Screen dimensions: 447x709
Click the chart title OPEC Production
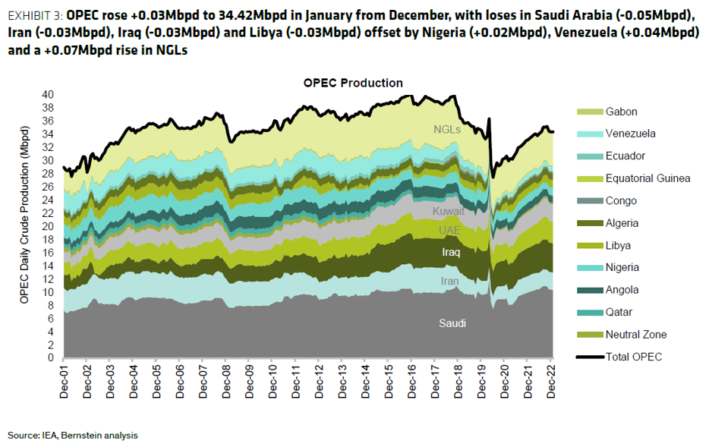tap(353, 83)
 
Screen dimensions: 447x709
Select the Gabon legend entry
tap(621, 112)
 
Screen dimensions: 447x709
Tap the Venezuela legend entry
tap(630, 134)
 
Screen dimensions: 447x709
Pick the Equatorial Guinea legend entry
tap(648, 178)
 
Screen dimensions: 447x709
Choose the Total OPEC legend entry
tap(634, 357)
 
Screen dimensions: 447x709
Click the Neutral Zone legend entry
tap(636, 335)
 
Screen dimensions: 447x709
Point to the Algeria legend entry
tap(622, 223)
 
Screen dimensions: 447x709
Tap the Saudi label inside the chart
tap(452, 323)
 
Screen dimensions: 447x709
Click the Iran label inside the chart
tap(449, 281)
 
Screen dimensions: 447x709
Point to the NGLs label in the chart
tap(447, 129)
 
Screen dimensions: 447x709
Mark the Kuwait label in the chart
tap(448, 211)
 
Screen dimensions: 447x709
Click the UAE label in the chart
tap(449, 230)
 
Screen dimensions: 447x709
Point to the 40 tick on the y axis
tap(48, 95)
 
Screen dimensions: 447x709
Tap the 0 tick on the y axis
tap(51, 357)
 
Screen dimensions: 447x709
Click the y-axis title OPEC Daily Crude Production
tap(24, 226)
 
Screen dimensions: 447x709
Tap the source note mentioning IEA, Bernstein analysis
tap(73, 435)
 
